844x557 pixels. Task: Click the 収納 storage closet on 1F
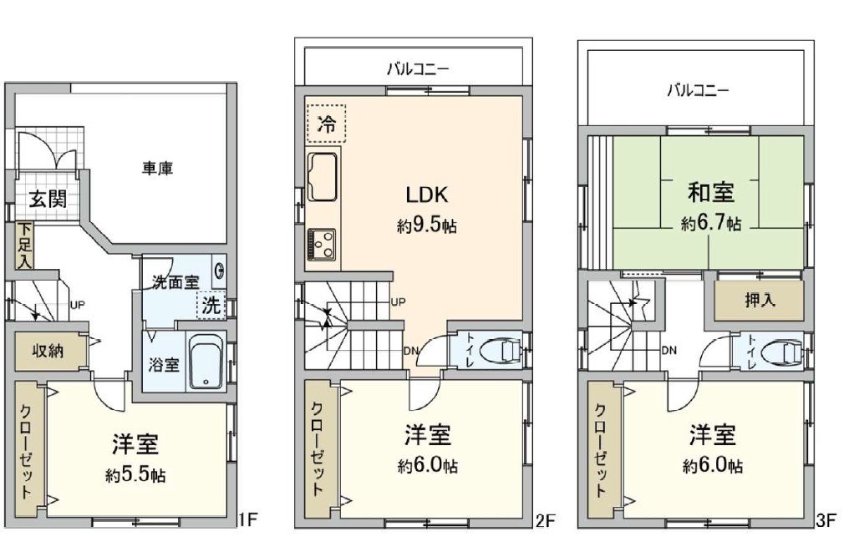tap(48, 350)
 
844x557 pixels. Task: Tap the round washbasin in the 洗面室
tap(219, 271)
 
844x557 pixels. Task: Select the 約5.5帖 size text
tap(135, 475)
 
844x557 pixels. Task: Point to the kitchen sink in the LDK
tap(322, 177)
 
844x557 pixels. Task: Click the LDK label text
tap(427, 195)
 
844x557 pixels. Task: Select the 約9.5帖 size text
tap(427, 225)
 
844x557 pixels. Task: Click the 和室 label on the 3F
tap(710, 193)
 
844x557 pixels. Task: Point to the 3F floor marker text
tap(826, 522)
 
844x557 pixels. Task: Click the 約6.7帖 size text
tap(710, 223)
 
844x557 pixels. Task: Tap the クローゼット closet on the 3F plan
tap(600, 451)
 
